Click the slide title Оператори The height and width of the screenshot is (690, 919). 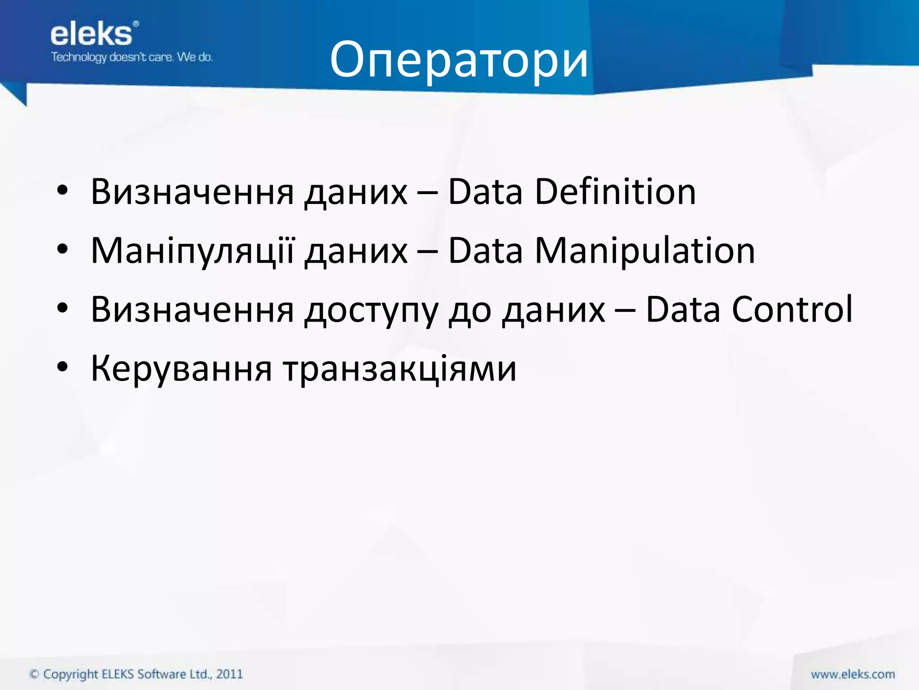[459, 60]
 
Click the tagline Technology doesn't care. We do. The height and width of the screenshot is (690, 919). [132, 57]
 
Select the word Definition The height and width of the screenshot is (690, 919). [615, 192]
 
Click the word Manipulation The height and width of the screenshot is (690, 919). [645, 251]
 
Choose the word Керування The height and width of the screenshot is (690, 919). [181, 368]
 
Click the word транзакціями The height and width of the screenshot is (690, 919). [400, 368]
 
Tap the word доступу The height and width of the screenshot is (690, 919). [371, 310]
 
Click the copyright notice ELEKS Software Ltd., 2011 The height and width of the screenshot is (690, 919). [136, 674]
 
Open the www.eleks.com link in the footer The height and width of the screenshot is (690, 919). [853, 674]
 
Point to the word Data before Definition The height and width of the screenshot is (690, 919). [486, 192]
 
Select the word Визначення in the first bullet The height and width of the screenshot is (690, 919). [192, 192]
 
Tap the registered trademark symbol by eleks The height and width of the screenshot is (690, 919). [136, 24]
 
